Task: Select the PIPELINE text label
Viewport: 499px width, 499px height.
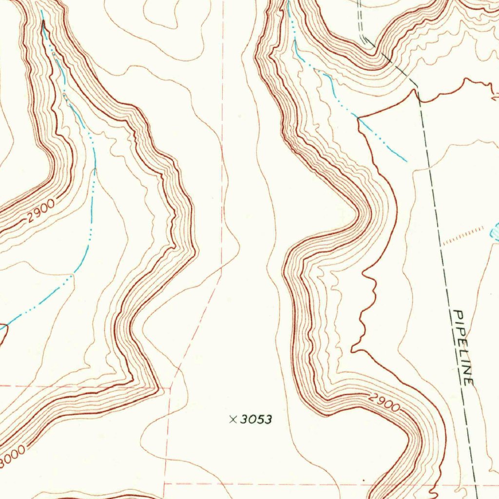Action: pyautogui.click(x=463, y=347)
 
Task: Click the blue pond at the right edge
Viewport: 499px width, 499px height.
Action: pyautogui.click(x=495, y=234)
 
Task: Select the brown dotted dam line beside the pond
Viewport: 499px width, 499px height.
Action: pyautogui.click(x=463, y=235)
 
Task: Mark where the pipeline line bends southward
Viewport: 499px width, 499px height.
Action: pyautogui.click(x=417, y=86)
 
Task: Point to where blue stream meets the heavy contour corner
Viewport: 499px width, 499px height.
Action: pyautogui.click(x=359, y=118)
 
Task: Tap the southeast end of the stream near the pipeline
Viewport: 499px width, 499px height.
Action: pyautogui.click(x=406, y=160)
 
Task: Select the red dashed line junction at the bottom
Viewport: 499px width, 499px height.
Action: pyautogui.click(x=165, y=484)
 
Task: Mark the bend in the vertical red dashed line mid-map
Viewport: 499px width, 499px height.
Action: pyautogui.click(x=222, y=266)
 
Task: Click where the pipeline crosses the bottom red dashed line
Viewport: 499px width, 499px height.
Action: pyautogui.click(x=476, y=485)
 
